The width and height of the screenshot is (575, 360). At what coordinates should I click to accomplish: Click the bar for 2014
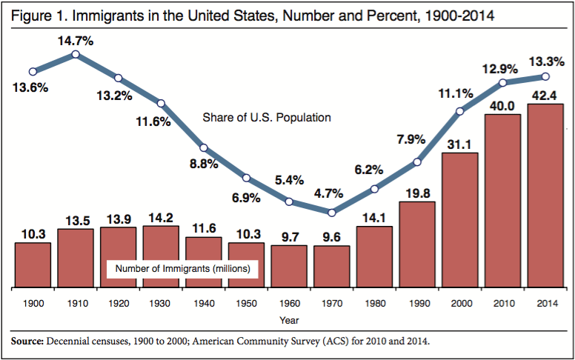545,196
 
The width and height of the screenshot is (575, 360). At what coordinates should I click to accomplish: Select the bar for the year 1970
331,267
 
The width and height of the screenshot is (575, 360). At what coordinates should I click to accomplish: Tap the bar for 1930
161,256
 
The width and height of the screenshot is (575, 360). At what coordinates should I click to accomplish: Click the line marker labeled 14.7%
76,54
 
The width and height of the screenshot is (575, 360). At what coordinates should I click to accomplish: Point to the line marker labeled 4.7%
331,213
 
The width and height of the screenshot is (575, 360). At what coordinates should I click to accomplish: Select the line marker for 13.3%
545,76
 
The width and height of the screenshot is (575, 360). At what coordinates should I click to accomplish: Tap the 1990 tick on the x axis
417,304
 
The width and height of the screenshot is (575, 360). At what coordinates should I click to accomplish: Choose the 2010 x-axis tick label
502,304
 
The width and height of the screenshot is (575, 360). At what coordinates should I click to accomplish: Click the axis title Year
290,320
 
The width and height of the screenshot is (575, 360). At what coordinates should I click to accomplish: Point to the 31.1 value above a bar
460,144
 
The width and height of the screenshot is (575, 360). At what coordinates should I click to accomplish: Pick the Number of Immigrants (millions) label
182,268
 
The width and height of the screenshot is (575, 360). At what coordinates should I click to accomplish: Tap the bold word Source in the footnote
27,341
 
